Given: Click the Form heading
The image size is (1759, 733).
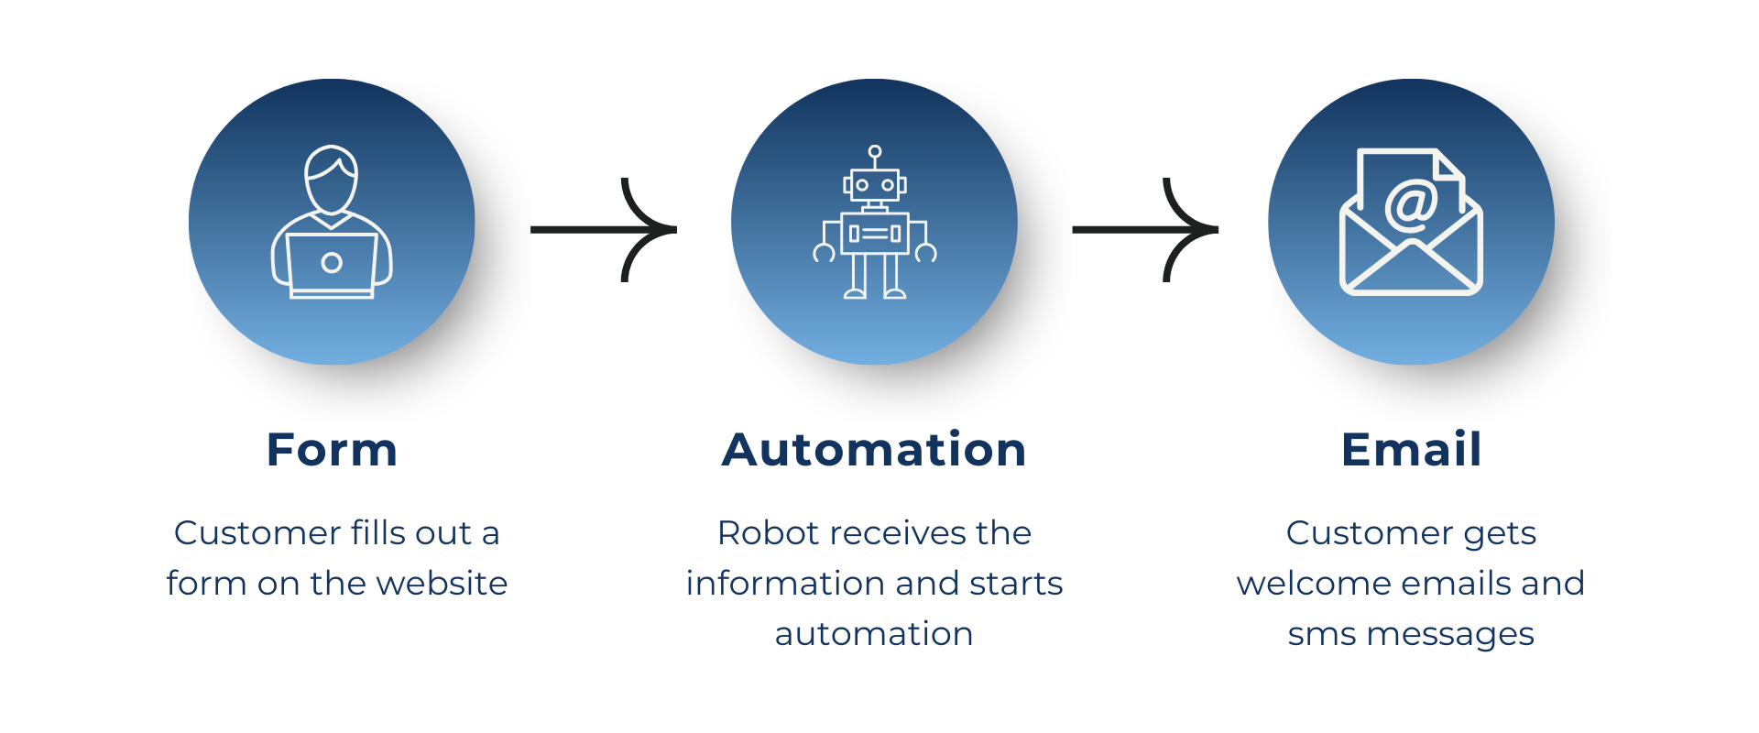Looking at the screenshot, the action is pos(332,450).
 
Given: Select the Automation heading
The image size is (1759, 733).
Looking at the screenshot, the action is pos(874,450).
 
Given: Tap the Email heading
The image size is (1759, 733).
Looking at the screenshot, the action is pos(1411,449).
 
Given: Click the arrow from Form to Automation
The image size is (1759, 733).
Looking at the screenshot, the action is pos(604,230).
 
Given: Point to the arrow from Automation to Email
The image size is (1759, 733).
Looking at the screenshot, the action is pos(1145,230).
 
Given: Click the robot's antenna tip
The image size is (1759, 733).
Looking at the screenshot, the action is pos(875,151).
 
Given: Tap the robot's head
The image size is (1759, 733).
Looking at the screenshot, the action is pos(875,185).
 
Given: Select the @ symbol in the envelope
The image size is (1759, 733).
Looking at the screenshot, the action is pos(1411,205).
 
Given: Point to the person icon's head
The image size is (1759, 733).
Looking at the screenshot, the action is pos(332,180).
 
